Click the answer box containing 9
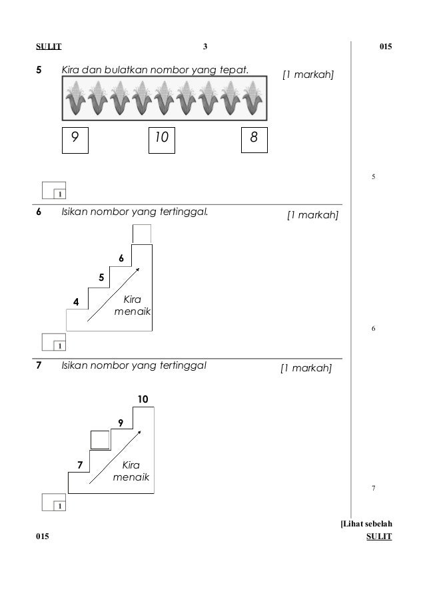(75, 138)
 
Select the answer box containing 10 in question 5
(161, 138)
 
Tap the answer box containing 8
(254, 138)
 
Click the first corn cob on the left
(77, 98)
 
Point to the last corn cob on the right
(252, 98)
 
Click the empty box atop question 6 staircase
(141, 234)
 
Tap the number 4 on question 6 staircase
(76, 302)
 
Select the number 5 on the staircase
(101, 277)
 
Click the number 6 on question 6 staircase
(121, 258)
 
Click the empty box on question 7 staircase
(99, 440)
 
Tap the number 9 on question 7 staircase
(121, 423)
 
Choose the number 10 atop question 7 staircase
(143, 399)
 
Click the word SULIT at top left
(48, 47)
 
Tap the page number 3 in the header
(206, 47)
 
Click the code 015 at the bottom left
(43, 536)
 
